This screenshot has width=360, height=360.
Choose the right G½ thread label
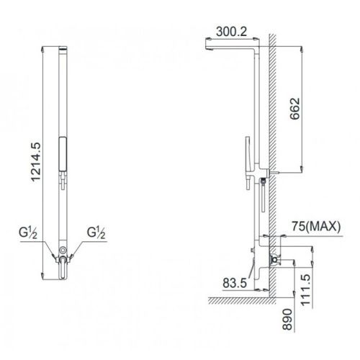pyautogui.click(x=95, y=235)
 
